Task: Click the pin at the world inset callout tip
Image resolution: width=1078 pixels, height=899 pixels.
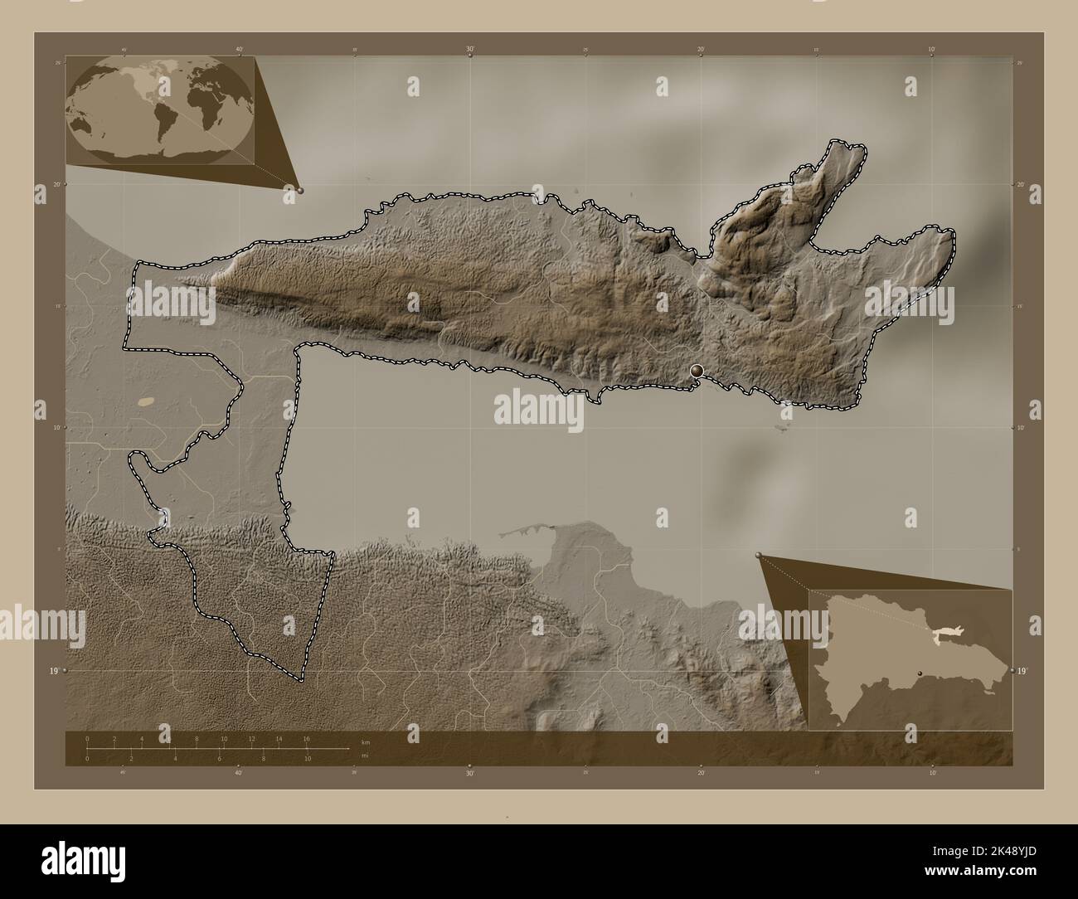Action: point(299,190)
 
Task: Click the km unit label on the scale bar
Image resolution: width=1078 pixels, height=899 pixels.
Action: point(366,741)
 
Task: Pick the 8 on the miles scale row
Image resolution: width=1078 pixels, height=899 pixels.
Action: point(264,759)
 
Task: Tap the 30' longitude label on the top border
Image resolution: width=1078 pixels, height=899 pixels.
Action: point(470,50)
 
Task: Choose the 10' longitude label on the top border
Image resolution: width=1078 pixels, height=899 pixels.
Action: point(932,50)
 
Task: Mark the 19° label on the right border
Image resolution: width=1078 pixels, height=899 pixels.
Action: point(1022,670)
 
